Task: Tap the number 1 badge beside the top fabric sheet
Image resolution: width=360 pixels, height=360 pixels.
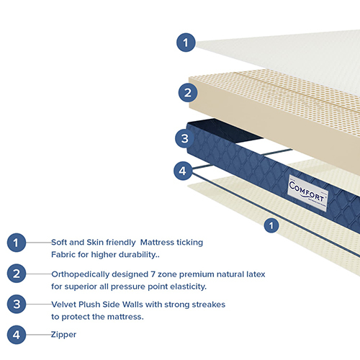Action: click(186, 42)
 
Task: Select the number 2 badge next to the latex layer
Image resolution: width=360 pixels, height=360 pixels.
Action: click(186, 92)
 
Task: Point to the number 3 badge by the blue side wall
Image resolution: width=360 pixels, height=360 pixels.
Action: click(184, 138)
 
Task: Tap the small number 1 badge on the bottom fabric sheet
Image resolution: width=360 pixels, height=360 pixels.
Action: click(271, 225)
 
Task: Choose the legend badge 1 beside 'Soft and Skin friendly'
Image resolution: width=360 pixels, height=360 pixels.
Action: click(17, 243)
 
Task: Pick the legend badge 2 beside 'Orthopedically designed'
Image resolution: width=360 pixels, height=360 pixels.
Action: click(17, 274)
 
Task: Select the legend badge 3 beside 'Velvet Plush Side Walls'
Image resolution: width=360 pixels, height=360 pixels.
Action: click(17, 304)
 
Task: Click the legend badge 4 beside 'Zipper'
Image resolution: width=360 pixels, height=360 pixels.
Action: click(17, 334)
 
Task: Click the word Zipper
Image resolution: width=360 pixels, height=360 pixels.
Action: click(63, 335)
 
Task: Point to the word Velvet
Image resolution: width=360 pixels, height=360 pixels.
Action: click(64, 305)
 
